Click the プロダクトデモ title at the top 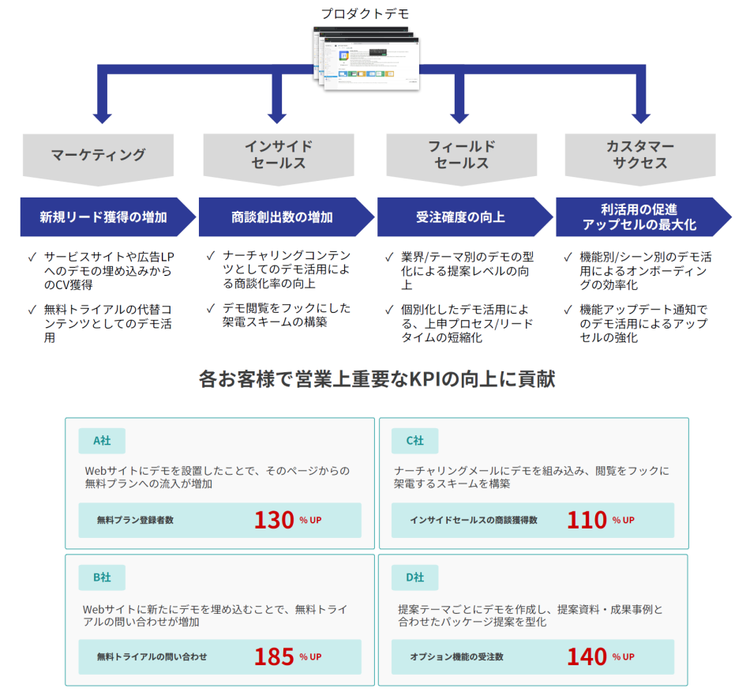click(365, 13)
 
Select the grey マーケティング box click(99, 155)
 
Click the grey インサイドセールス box click(278, 155)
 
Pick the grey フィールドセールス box click(461, 155)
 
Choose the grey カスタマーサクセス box click(640, 155)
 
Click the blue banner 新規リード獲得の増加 click(104, 216)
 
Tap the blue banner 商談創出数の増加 click(283, 216)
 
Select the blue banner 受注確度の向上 click(461, 216)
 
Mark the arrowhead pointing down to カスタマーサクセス click(640, 117)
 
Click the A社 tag click(101, 441)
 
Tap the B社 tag click(101, 577)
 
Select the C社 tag click(414, 441)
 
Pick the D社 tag click(414, 577)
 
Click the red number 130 click(274, 520)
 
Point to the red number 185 click(274, 656)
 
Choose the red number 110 click(587, 520)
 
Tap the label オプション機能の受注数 click(456, 656)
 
